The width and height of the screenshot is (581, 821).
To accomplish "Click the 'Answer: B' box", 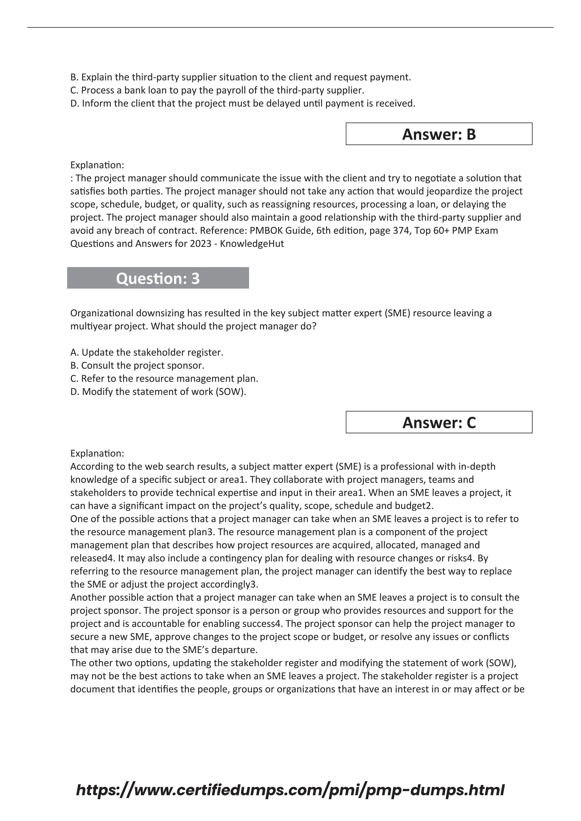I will (x=439, y=134).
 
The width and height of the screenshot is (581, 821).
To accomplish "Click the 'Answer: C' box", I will (x=439, y=422).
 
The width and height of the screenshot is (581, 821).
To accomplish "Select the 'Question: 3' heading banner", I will (x=158, y=278).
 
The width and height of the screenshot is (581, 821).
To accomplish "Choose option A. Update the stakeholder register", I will (x=147, y=353).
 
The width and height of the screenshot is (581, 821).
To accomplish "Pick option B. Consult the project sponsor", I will (x=137, y=365).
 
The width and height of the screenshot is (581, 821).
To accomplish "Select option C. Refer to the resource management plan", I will (x=164, y=379).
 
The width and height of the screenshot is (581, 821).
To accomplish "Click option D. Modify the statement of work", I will (x=158, y=392).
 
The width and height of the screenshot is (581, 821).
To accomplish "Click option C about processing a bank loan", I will (x=217, y=90).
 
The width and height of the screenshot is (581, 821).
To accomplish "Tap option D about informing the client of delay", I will (x=243, y=104).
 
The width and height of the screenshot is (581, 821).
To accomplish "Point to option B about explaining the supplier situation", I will (x=240, y=77).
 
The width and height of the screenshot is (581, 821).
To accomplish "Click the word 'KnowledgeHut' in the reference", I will (x=252, y=244).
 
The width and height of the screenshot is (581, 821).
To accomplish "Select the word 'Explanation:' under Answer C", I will (x=97, y=453).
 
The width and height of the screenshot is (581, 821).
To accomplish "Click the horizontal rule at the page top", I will (x=290, y=27).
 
